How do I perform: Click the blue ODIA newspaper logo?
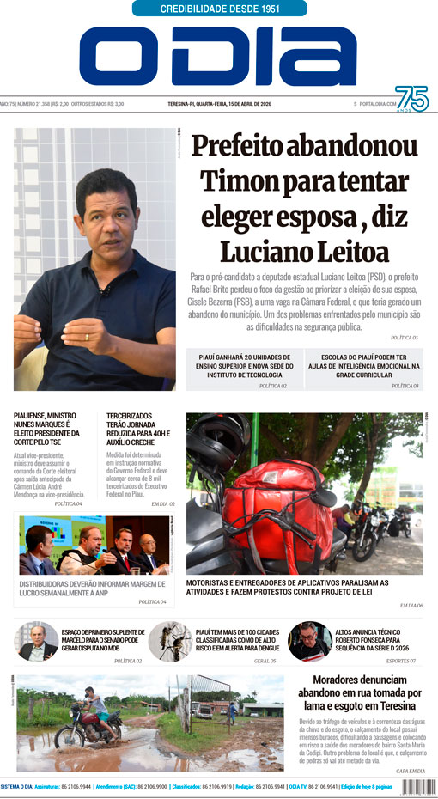click(218, 57)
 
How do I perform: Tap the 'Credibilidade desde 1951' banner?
click(220, 9)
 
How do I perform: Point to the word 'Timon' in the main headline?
click(237, 182)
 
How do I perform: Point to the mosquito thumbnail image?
click(170, 642)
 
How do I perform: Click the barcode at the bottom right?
click(416, 785)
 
